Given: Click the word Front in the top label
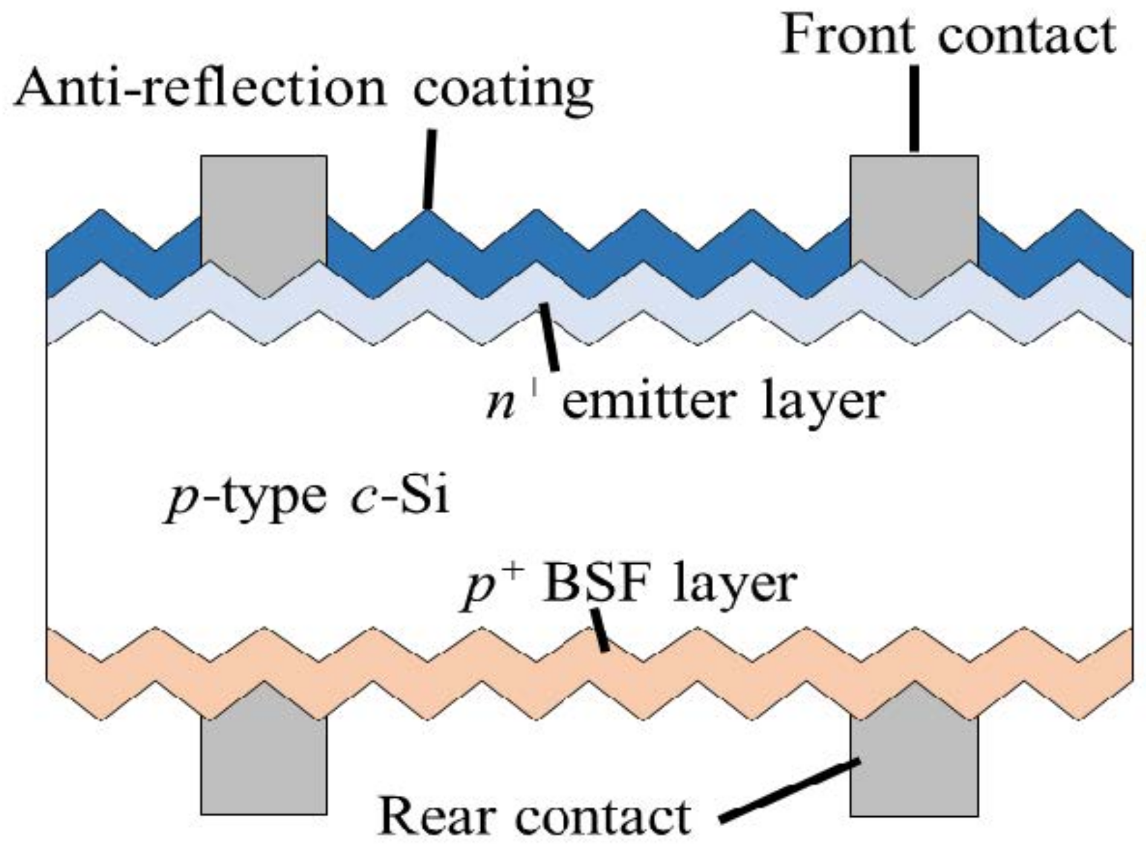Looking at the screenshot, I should (x=847, y=36).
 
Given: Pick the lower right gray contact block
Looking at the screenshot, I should (x=914, y=767).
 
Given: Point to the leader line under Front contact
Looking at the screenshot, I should (x=915, y=109).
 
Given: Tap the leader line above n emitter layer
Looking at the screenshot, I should (x=549, y=336).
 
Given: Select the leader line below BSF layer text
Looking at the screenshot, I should (x=600, y=630).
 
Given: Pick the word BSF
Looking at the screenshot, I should (x=592, y=583).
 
